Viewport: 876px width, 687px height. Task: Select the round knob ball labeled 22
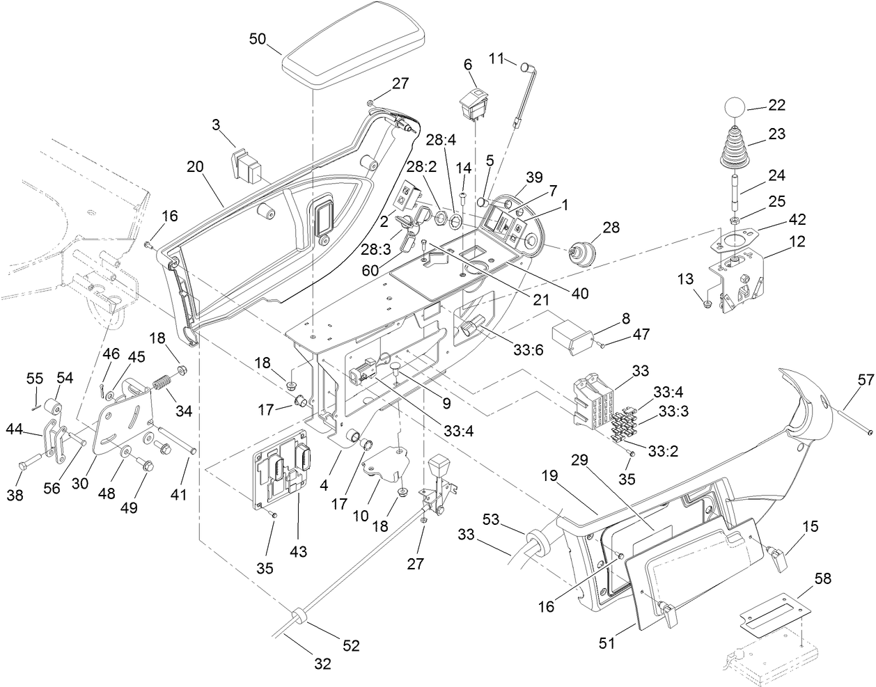click(733, 108)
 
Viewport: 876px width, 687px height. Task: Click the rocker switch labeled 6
click(475, 104)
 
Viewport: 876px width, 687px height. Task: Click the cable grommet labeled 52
click(299, 615)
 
